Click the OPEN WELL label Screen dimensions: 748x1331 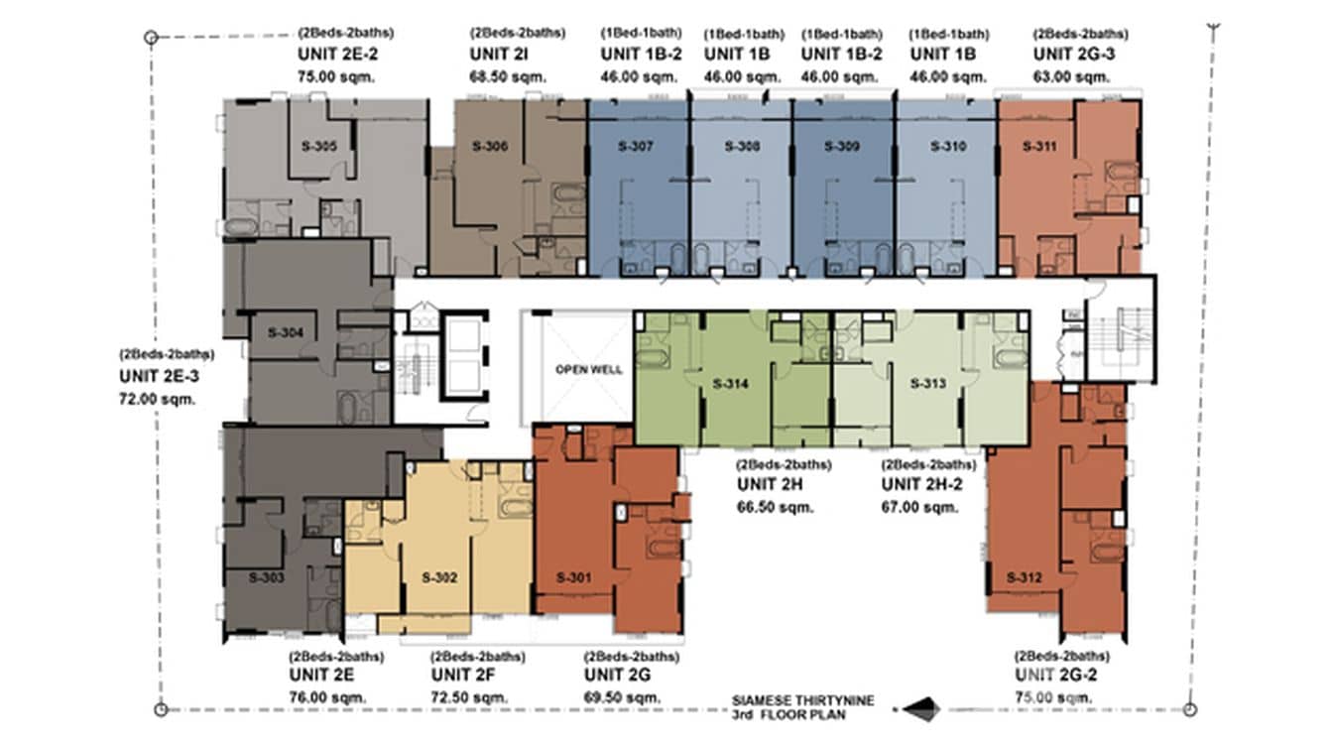(x=588, y=370)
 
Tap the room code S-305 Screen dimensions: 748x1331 (x=318, y=147)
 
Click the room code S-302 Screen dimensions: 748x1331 (x=438, y=577)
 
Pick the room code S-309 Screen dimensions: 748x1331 (x=842, y=147)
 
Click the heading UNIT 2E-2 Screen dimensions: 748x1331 (x=338, y=55)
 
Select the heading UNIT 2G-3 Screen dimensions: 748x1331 (x=1074, y=55)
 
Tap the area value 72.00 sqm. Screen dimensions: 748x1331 (x=157, y=399)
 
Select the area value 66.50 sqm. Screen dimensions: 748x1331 (x=775, y=507)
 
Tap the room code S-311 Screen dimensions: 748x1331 (x=1038, y=147)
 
